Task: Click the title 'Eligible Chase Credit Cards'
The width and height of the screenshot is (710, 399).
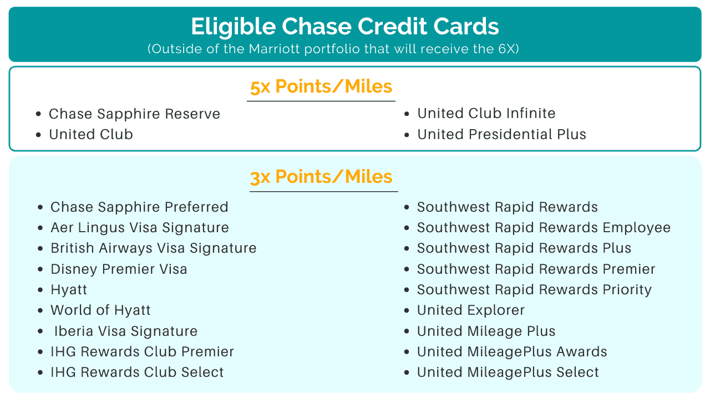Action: (345, 27)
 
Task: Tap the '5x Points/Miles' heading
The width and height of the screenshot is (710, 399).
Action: (321, 86)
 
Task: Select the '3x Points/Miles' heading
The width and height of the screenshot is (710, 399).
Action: (321, 177)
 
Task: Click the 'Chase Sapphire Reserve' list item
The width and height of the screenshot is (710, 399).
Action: (134, 114)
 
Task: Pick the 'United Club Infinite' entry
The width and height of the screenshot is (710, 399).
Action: (486, 114)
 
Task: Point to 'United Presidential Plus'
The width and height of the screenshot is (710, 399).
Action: (501, 134)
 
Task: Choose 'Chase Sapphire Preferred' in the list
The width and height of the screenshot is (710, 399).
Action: (139, 207)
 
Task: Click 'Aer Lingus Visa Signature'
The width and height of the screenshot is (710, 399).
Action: (139, 228)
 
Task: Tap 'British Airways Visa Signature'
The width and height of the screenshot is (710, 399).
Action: (154, 248)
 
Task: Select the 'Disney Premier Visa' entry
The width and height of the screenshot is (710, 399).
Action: (119, 269)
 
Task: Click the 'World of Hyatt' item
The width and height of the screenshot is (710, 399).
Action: (100, 310)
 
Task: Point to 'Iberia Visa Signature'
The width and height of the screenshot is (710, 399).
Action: (126, 331)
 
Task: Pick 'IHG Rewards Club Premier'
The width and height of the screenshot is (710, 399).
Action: (143, 352)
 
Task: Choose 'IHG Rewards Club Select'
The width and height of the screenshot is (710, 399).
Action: (137, 372)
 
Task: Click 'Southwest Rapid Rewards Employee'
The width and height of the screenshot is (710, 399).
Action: (544, 228)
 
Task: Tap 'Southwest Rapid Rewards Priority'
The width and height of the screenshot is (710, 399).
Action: (534, 290)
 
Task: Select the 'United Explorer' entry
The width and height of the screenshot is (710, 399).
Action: (471, 310)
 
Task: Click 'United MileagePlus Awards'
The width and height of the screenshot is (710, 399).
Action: (512, 352)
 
